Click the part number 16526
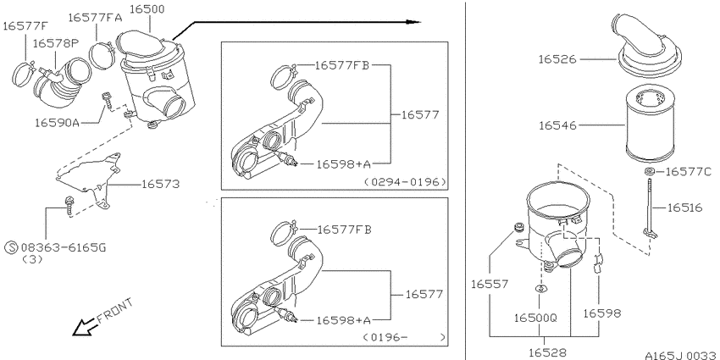(557, 59)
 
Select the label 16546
(557, 125)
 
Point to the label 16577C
(688, 172)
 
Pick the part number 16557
(490, 285)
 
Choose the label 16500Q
(535, 318)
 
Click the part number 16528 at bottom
(547, 352)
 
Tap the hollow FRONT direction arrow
(84, 327)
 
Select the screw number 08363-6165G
(64, 248)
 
